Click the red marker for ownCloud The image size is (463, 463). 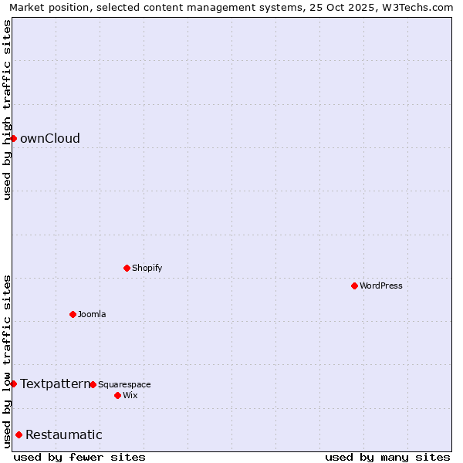pyautogui.click(x=13, y=138)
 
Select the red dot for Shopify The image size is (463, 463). pyautogui.click(x=127, y=268)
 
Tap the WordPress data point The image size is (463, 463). pyautogui.click(x=355, y=286)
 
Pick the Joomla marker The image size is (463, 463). pyautogui.click(x=73, y=314)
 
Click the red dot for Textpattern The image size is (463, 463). pyautogui.click(x=13, y=384)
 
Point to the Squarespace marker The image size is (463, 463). pyautogui.click(x=93, y=384)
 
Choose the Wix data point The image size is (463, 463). pyautogui.click(x=117, y=395)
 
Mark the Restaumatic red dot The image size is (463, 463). pyautogui.click(x=19, y=434)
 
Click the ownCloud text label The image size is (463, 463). pyautogui.click(x=50, y=139)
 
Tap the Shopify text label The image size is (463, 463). pyautogui.click(x=147, y=269)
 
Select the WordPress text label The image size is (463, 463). pyautogui.click(x=381, y=286)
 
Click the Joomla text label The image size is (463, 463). pyautogui.click(x=92, y=315)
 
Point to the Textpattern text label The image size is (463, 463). pyautogui.click(x=55, y=384)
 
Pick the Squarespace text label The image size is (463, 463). pyautogui.click(x=124, y=385)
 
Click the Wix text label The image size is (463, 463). pyautogui.click(x=130, y=396)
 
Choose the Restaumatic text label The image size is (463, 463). pyautogui.click(x=64, y=435)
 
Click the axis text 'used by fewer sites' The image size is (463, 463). pyautogui.click(x=79, y=457)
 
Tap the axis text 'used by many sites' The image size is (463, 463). pyautogui.click(x=387, y=457)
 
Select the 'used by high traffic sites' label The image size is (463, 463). pyautogui.click(x=7, y=110)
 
